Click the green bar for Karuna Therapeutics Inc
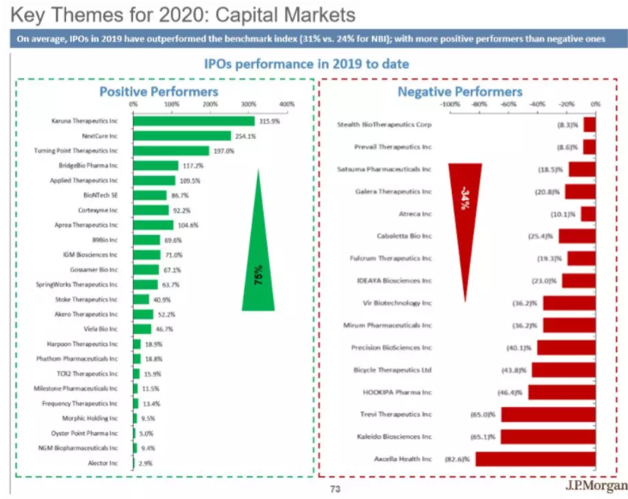click(193, 121)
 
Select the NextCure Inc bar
click(181, 136)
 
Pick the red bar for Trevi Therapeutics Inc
click(547, 414)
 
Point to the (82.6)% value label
click(455, 459)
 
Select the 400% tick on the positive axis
click(287, 104)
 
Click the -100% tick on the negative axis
click(450, 104)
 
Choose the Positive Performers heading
click(158, 91)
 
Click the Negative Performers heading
click(460, 91)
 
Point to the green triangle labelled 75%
click(258, 249)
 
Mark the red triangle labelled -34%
click(465, 215)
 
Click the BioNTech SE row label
click(101, 195)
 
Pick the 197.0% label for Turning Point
click(223, 150)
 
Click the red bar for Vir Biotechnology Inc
click(569, 302)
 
